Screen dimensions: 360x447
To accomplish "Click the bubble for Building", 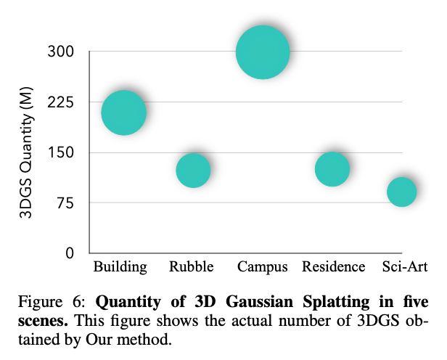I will click(123, 112).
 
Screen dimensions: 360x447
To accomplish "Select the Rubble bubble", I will click(193, 170).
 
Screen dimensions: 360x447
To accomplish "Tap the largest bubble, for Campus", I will click(263, 52).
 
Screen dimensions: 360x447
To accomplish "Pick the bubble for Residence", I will click(332, 169).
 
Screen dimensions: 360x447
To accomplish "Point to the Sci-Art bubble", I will click(401, 192).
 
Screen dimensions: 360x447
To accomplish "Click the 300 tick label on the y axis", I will click(62, 52).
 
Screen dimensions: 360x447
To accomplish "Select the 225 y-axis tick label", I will click(62, 102).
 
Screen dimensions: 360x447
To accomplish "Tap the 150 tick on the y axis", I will click(62, 153).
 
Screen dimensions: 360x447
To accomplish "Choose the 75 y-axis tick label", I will click(65, 203).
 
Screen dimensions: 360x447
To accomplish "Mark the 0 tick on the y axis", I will click(70, 253).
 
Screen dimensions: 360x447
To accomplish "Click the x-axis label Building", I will click(120, 267).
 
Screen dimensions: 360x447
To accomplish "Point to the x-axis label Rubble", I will click(192, 266).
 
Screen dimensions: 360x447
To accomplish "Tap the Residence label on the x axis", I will click(333, 266).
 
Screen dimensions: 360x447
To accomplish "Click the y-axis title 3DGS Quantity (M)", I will click(25, 152).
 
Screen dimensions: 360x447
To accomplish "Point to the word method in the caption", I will click(147, 339).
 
